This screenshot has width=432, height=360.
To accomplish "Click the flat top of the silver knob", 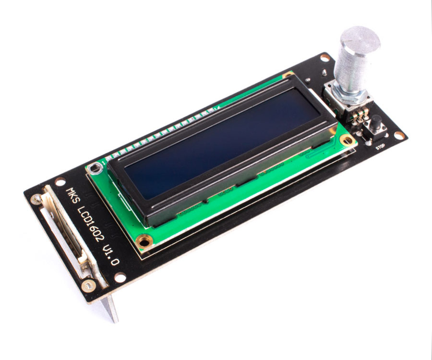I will click(x=360, y=39).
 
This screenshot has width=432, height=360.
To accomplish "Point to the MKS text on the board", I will click(x=72, y=196).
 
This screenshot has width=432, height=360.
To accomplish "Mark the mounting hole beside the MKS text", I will click(x=60, y=182).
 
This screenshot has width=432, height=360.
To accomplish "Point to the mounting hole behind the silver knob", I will click(x=325, y=58).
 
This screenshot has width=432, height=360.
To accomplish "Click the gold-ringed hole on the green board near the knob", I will click(x=347, y=140).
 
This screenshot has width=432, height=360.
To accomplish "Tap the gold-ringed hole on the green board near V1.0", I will click(x=143, y=241).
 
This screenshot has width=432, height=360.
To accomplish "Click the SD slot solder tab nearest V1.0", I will click(x=88, y=286).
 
